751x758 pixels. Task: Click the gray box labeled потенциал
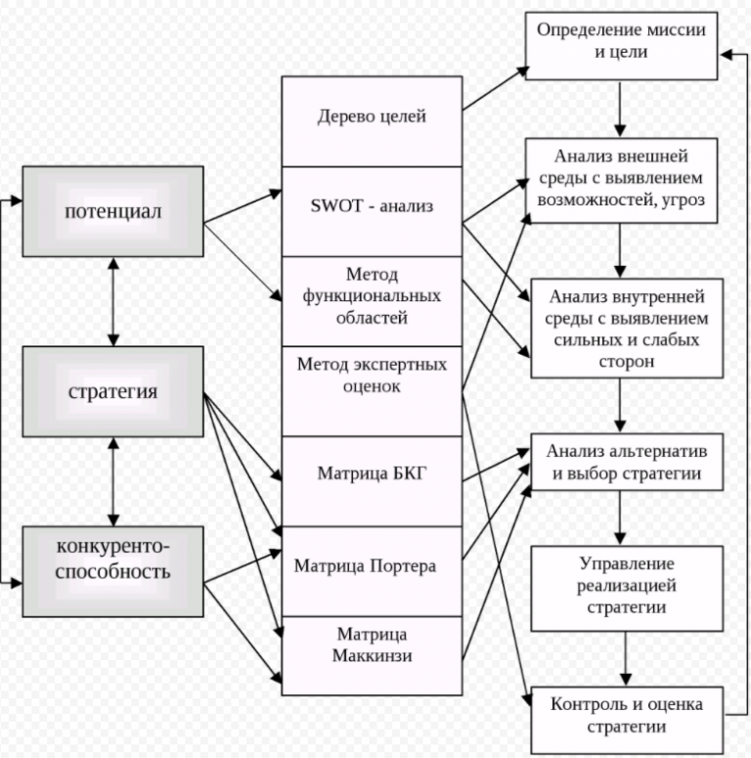(x=112, y=211)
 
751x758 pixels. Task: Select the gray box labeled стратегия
(x=112, y=392)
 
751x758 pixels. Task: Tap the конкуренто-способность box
(x=112, y=571)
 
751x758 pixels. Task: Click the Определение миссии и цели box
(x=621, y=40)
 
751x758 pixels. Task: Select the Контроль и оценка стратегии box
(x=626, y=716)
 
